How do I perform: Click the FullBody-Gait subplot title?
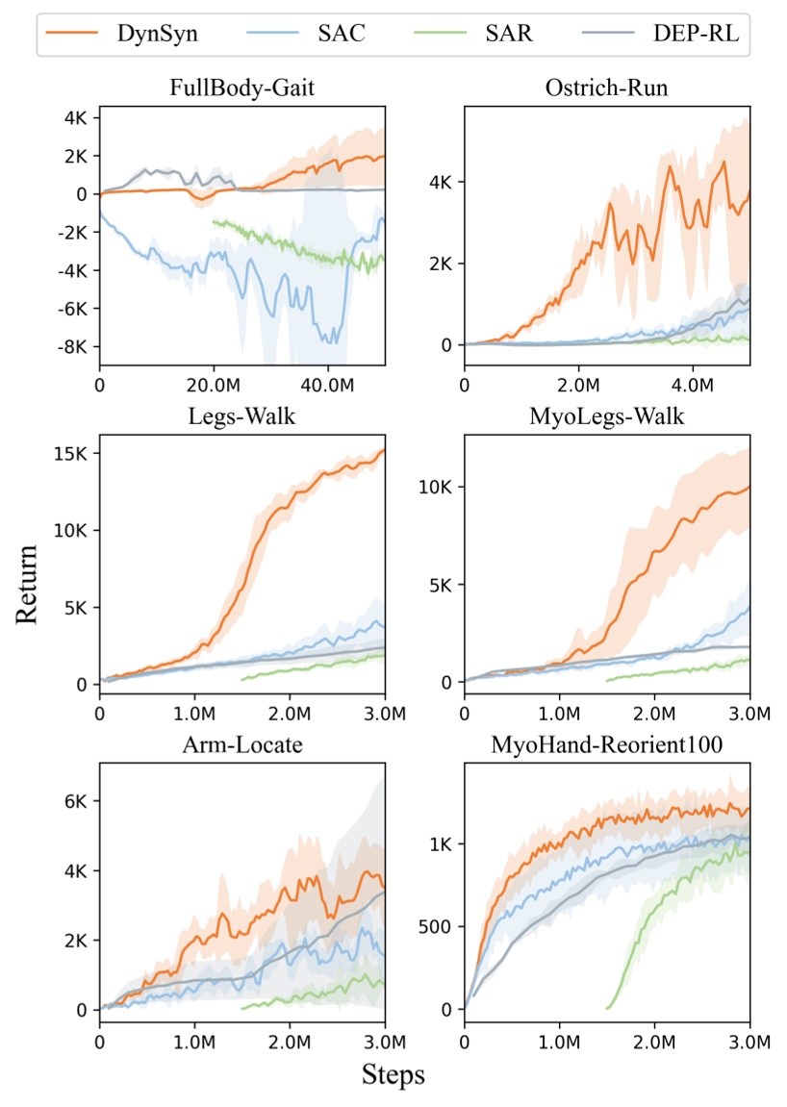click(x=241, y=89)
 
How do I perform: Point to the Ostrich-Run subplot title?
click(x=607, y=89)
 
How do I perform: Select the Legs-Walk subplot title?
click(x=241, y=420)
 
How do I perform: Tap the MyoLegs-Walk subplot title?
click(x=607, y=420)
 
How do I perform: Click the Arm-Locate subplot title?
click(x=241, y=750)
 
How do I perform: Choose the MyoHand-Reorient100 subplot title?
click(x=607, y=750)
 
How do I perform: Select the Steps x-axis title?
click(x=393, y=1073)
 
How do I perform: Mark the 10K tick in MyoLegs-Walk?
click(x=436, y=487)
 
